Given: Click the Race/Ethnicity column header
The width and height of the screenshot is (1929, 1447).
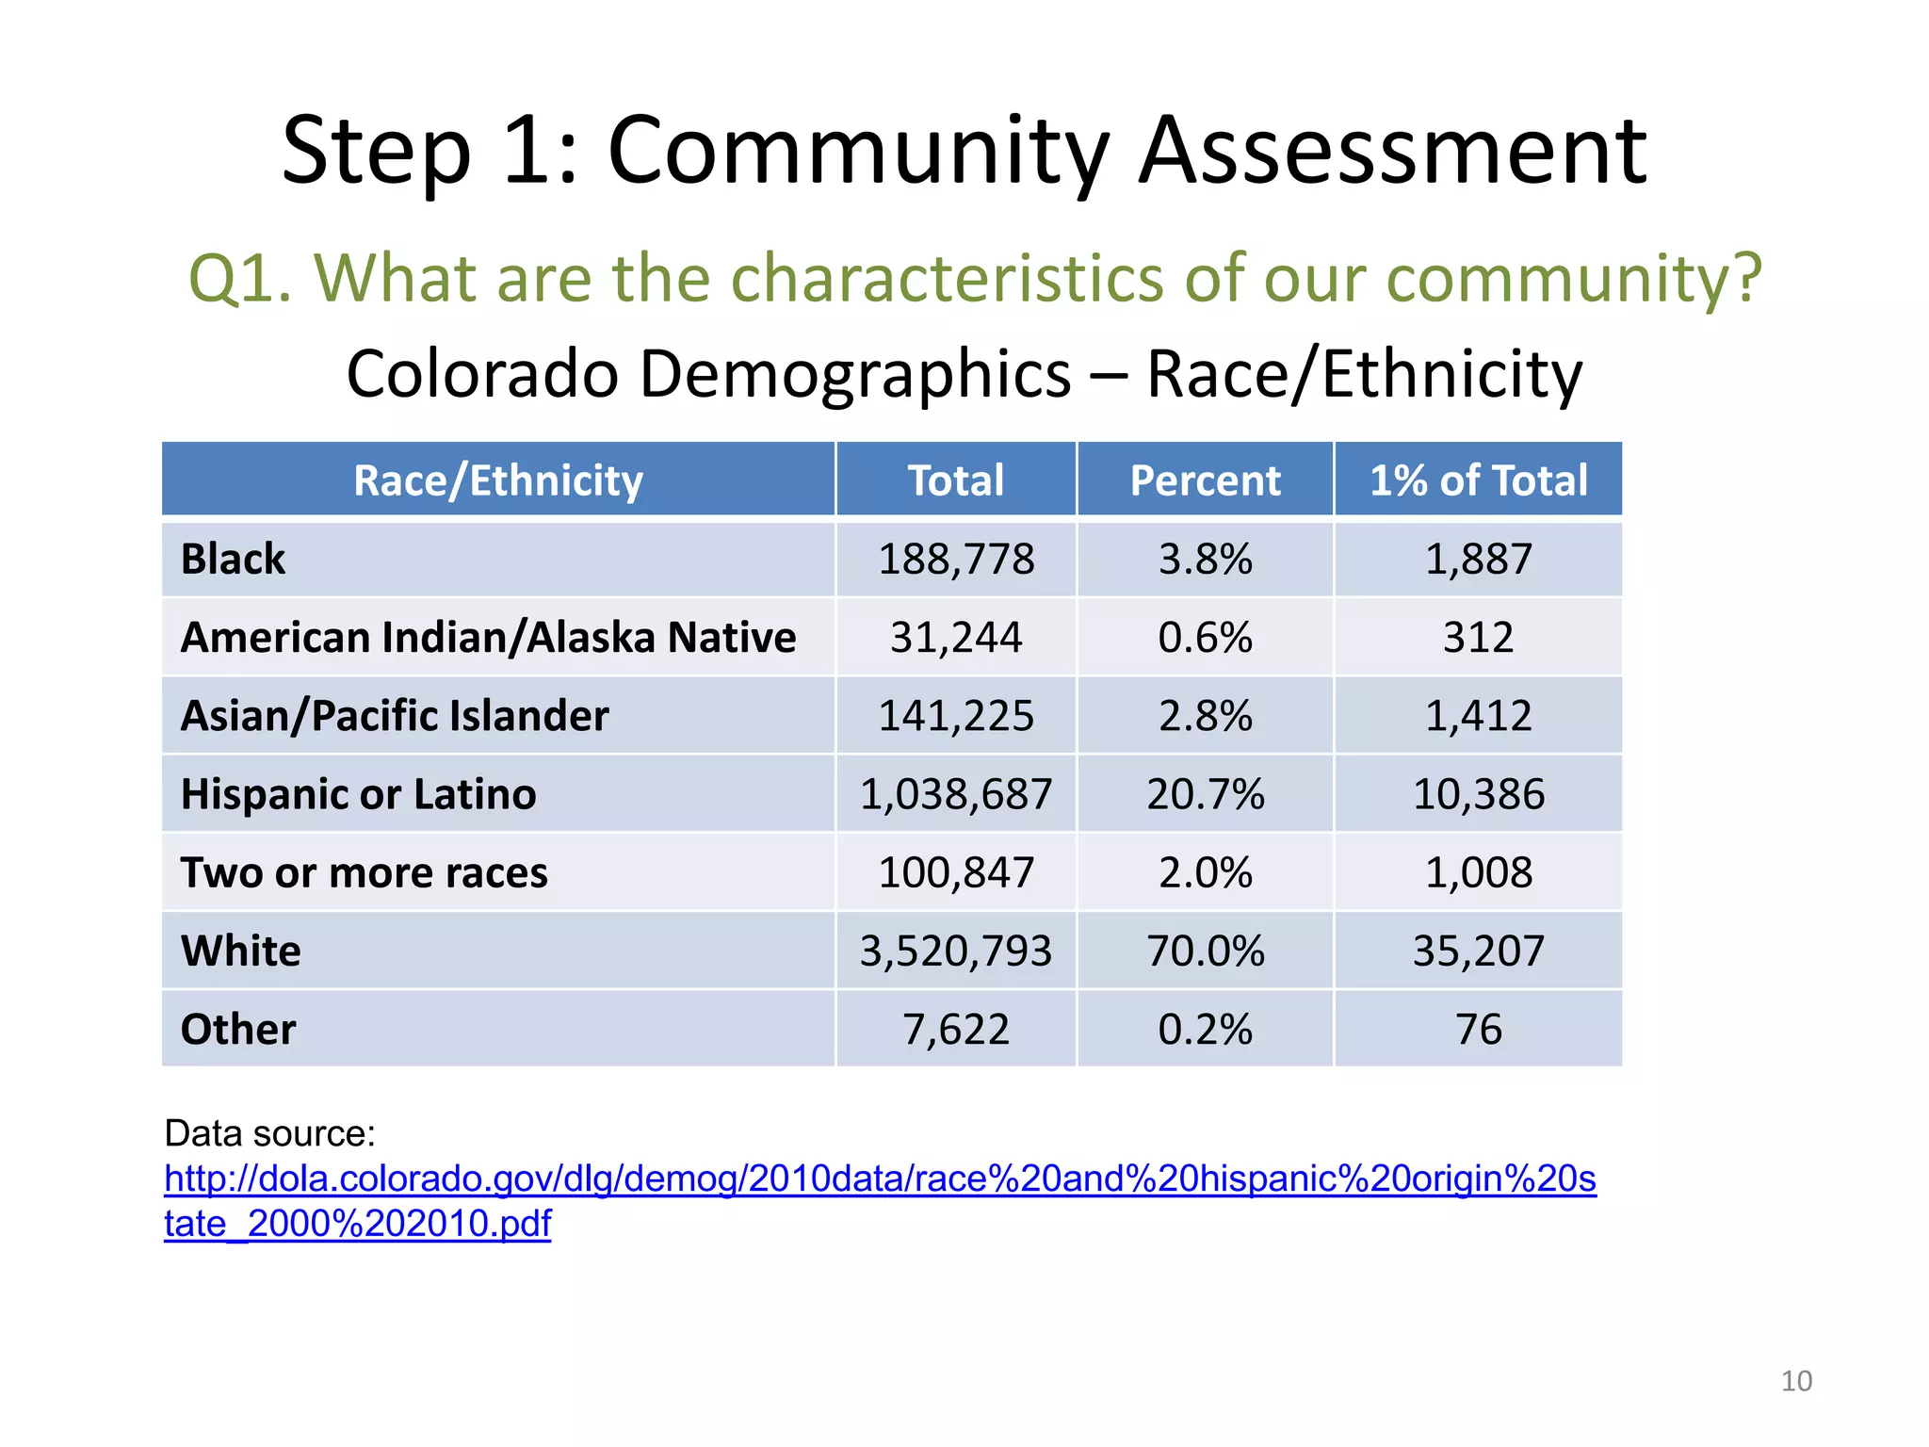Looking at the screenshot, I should [497, 480].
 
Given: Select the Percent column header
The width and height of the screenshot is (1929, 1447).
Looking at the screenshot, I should [1205, 480].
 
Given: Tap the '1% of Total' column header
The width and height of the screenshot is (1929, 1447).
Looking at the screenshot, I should [1478, 480].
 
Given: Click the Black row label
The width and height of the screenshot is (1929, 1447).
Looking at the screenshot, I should [233, 559].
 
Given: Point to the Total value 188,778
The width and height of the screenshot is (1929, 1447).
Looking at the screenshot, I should [956, 559].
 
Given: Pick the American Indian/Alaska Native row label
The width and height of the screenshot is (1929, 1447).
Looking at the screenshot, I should [488, 638].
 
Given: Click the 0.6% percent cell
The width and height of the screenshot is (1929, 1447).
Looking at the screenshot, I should [1205, 638].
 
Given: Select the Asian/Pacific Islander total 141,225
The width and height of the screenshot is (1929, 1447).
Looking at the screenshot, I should [956, 716].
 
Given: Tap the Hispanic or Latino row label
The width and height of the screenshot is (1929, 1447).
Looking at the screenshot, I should [358, 794].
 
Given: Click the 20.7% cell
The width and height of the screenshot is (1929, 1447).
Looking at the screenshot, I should [1205, 794].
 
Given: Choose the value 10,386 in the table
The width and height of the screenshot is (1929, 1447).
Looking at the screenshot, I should [1478, 794].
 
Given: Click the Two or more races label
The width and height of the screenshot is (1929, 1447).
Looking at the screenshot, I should [364, 872].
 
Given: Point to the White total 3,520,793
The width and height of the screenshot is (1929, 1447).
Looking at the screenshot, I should [956, 951].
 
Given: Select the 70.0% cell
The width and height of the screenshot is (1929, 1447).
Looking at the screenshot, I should [1205, 951].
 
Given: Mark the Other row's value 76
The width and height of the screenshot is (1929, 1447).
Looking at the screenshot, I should [1478, 1029].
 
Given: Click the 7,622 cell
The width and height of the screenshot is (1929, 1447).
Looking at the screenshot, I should [956, 1029].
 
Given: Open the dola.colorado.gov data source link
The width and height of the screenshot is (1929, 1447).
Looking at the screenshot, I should [880, 1179].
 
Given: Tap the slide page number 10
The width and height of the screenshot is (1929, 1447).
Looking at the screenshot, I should [1796, 1381].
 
